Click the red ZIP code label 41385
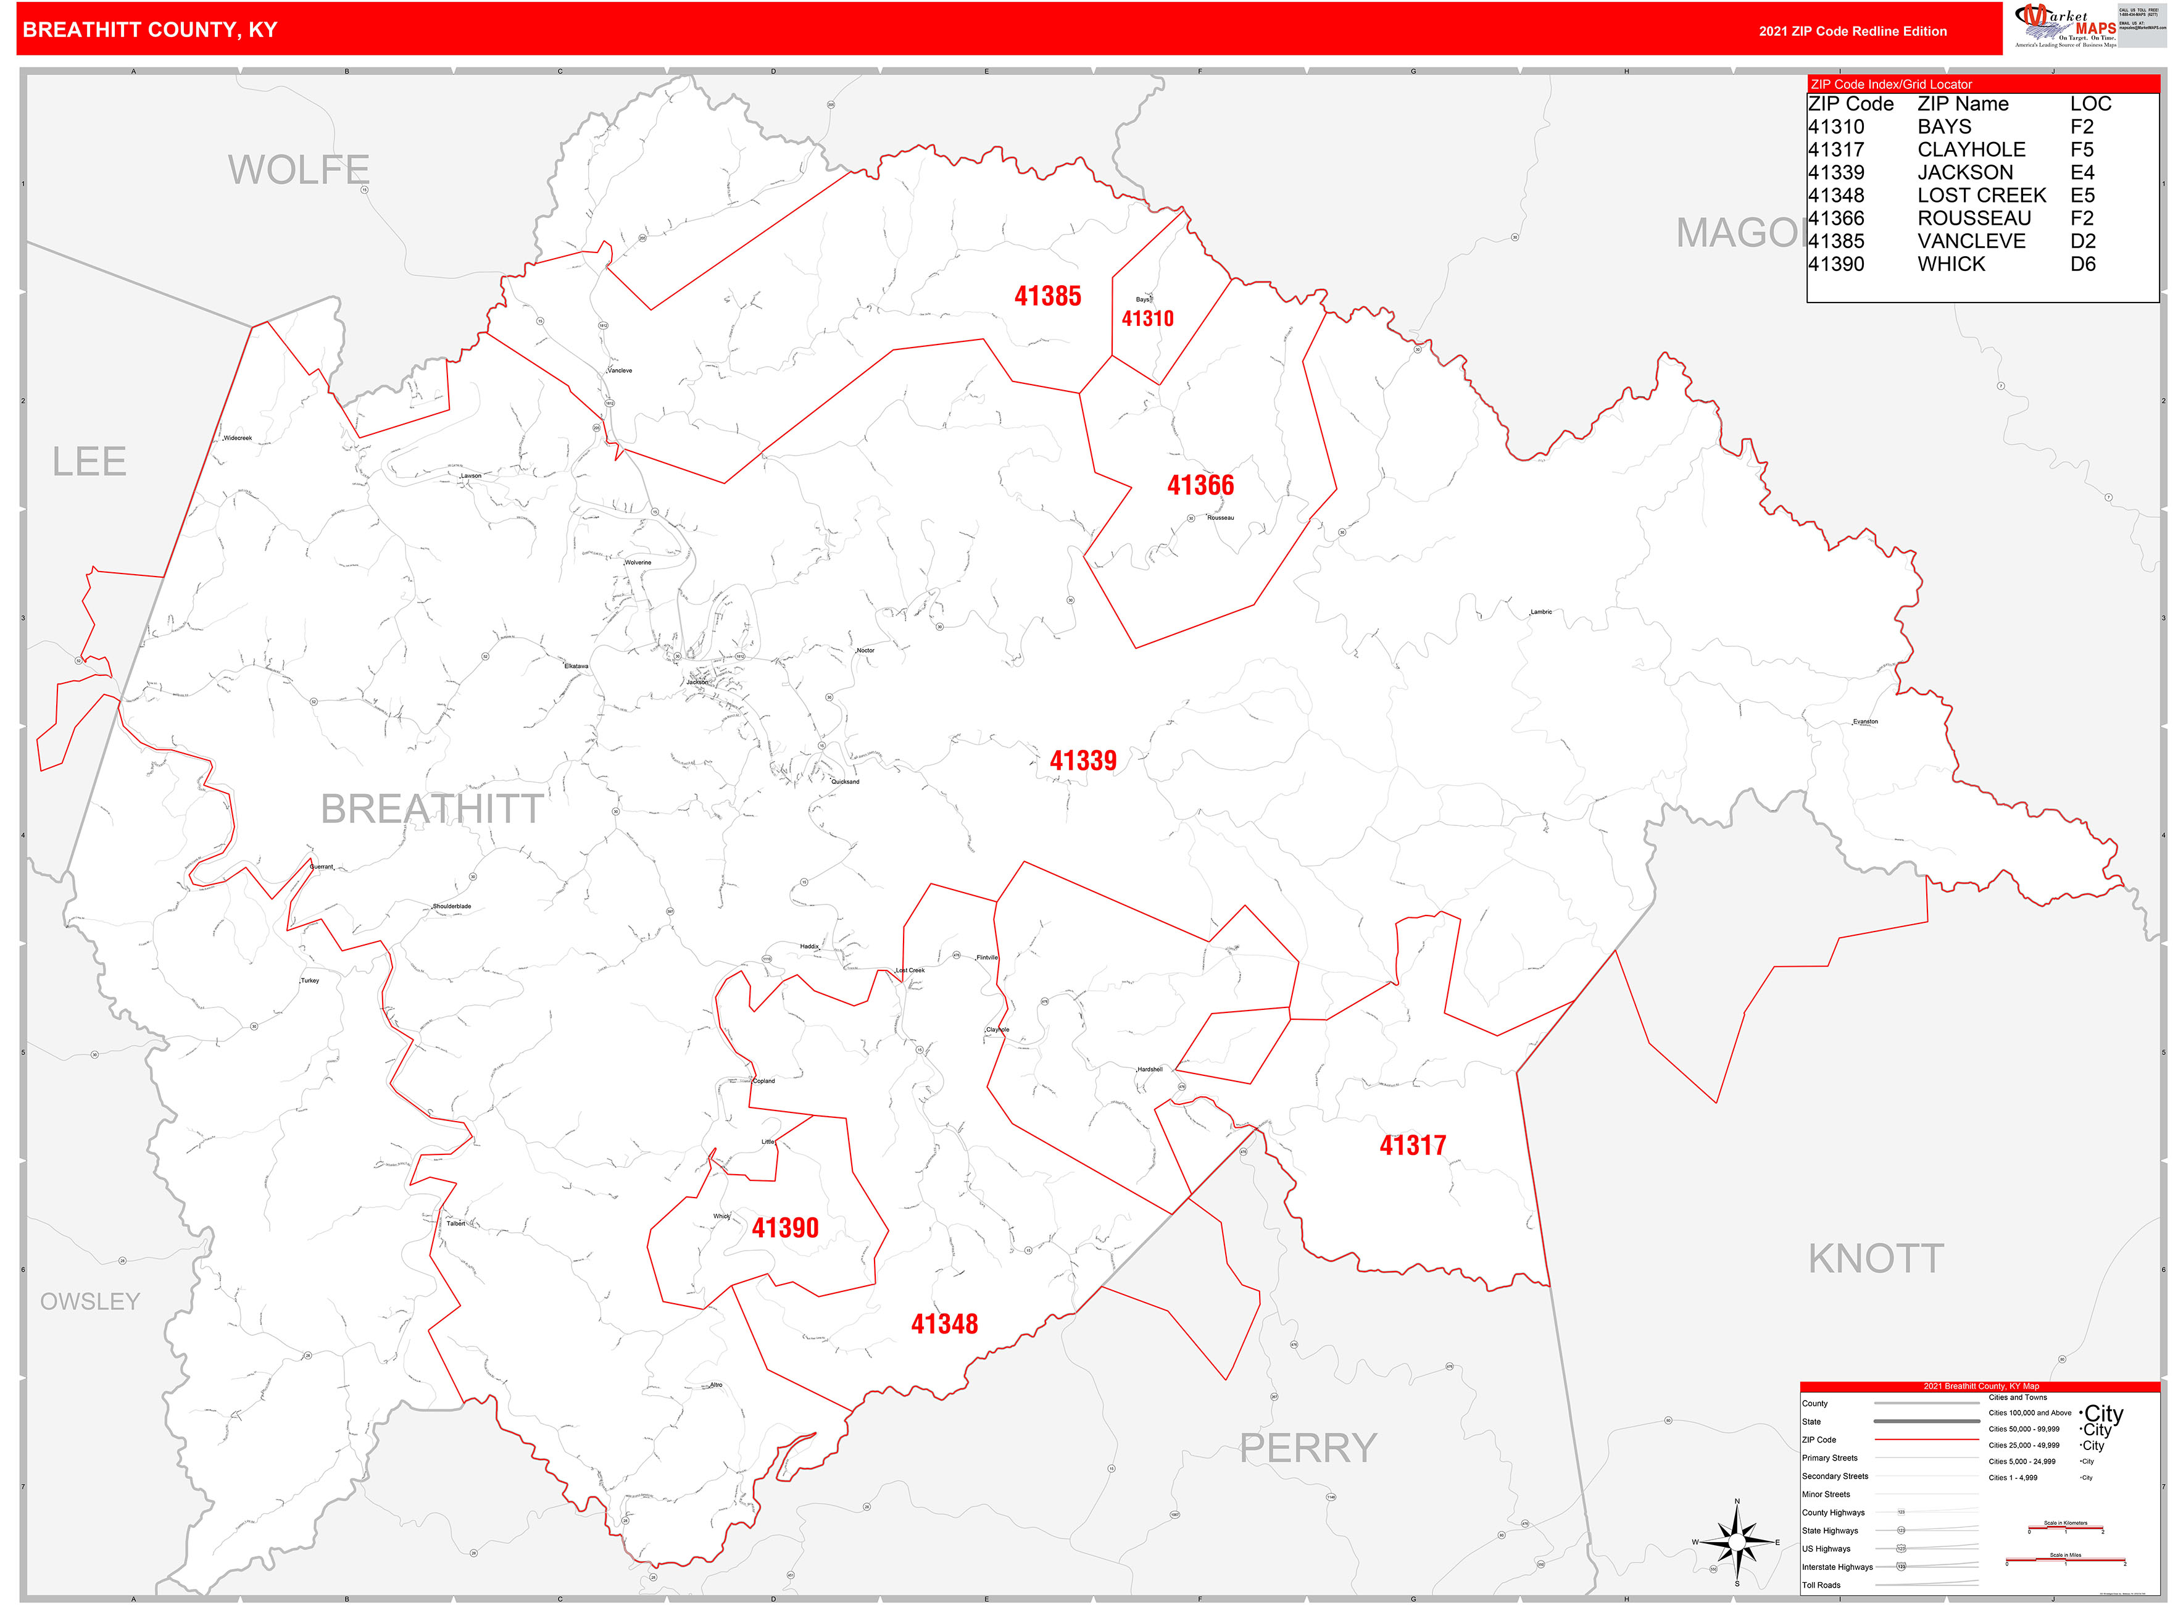(1047, 296)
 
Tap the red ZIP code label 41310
(1147, 319)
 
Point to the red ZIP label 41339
(1082, 761)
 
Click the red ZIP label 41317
(1413, 1146)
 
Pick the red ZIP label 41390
(785, 1228)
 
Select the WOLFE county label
(298, 170)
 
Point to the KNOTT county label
(1875, 1259)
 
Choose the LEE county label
(89, 462)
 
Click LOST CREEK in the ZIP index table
(1981, 195)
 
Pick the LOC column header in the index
(2090, 104)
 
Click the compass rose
(1737, 1542)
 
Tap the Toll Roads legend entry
(1821, 1585)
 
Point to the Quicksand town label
(844, 781)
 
